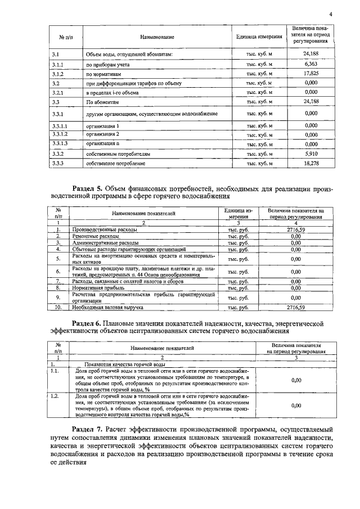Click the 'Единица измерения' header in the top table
pyautogui.click(x=259, y=37)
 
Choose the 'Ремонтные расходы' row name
pyautogui.click(x=97, y=236)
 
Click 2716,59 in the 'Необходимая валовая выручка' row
pyautogui.click(x=295, y=308)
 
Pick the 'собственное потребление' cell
pyautogui.click(x=116, y=163)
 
